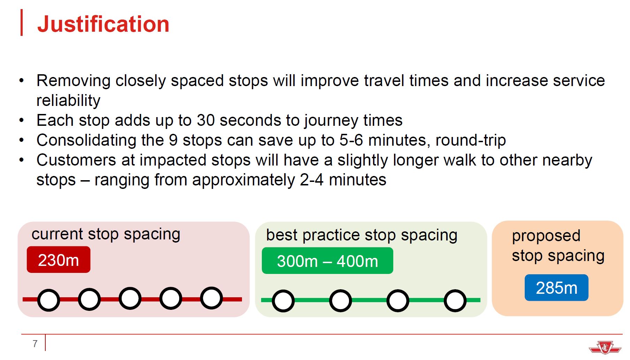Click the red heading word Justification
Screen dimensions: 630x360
(x=103, y=24)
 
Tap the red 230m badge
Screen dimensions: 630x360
(x=59, y=260)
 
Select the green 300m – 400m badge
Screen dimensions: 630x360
(x=327, y=261)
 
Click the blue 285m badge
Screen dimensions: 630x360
(x=556, y=288)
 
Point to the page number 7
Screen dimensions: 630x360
(x=35, y=344)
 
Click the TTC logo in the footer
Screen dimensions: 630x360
(x=605, y=347)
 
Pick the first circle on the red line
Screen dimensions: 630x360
(x=48, y=300)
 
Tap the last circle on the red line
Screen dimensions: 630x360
(x=211, y=298)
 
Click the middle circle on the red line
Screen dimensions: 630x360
(x=130, y=298)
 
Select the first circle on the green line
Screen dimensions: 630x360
(x=283, y=301)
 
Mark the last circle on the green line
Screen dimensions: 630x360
(x=455, y=300)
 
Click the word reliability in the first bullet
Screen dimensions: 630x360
(x=68, y=100)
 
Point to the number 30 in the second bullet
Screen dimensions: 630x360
(x=206, y=120)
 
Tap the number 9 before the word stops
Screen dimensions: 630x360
(x=173, y=140)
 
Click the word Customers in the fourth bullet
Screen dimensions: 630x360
(x=76, y=160)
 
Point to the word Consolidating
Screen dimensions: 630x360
(x=86, y=140)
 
